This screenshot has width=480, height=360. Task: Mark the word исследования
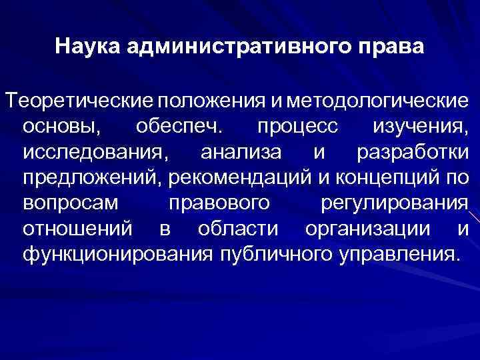coord(91,152)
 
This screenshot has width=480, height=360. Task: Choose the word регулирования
coord(401,203)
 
